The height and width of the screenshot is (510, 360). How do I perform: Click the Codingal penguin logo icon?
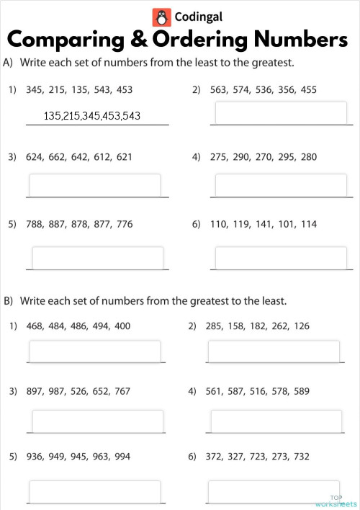click(x=161, y=17)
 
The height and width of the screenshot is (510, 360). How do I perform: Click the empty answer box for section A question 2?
click(x=280, y=112)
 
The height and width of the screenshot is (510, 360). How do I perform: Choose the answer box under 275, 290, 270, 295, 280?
click(x=280, y=184)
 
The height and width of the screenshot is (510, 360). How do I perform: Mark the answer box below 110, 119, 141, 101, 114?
click(x=280, y=257)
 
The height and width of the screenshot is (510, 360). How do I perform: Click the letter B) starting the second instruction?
click(x=9, y=300)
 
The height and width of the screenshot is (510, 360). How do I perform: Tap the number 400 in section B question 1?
click(x=122, y=326)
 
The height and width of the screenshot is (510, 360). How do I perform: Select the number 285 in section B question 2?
click(x=215, y=326)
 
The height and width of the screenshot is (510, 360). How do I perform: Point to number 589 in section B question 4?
click(x=301, y=392)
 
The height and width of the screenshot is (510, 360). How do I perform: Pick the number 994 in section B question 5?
click(x=122, y=456)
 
